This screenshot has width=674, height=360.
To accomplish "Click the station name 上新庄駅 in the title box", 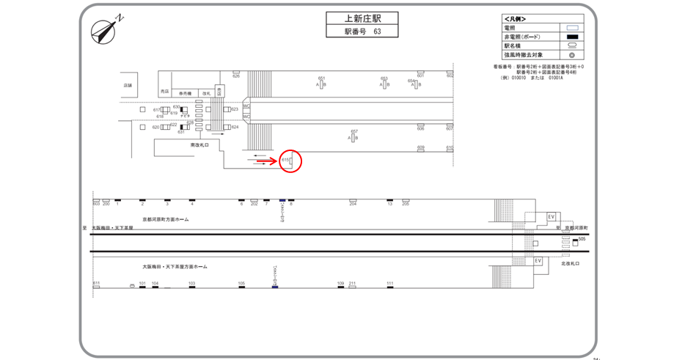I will (362, 18).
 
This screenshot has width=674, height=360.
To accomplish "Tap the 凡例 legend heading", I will (515, 19).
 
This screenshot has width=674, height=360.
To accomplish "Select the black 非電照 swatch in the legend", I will (572, 37).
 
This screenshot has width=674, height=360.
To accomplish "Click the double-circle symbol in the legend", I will (572, 55).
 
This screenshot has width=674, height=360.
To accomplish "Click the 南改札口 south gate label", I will (199, 145).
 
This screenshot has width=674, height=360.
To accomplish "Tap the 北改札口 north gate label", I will (571, 263).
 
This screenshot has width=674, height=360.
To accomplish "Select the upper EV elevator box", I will (552, 217).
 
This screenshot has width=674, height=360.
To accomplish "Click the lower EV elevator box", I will (538, 261).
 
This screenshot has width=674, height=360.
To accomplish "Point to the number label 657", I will (354, 132).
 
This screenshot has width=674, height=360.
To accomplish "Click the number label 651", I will (321, 78).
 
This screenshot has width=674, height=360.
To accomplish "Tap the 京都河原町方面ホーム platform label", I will (165, 219).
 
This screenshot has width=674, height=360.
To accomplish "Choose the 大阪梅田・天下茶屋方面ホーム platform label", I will (175, 267).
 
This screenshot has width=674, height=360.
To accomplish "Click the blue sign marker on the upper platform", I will (282, 200).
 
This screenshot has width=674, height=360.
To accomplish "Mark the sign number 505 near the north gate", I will (582, 239).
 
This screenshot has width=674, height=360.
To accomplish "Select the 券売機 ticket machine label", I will (185, 93).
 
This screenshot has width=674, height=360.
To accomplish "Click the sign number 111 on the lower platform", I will (389, 283).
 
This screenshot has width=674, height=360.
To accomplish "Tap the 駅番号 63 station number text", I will (362, 32).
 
